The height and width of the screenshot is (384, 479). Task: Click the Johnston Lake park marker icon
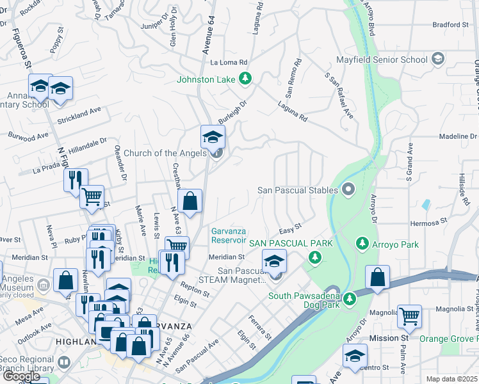tap(244, 79)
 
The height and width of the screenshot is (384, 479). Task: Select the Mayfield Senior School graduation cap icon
tap(438, 60)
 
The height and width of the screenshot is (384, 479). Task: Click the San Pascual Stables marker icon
tap(348, 189)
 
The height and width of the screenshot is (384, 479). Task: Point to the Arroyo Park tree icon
tap(362, 244)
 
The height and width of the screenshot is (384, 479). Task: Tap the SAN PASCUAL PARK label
tap(291, 243)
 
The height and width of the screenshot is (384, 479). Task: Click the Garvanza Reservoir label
tap(229, 236)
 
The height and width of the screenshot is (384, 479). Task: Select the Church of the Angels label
tap(165, 153)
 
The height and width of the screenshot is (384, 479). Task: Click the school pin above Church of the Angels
tap(213, 136)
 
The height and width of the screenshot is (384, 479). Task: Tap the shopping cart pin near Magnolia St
tap(409, 316)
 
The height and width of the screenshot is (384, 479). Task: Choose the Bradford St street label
tap(451, 25)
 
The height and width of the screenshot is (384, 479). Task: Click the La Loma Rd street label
tap(229, 63)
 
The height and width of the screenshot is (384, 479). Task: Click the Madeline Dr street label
tap(457, 136)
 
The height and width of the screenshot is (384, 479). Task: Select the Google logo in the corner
tap(21, 376)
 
